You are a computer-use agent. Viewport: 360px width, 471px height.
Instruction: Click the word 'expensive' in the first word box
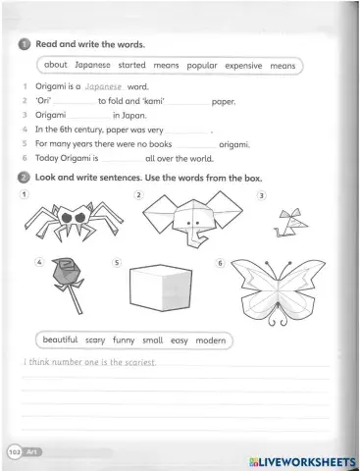[x=243, y=66]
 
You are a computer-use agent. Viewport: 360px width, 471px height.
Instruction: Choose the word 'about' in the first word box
[x=55, y=66]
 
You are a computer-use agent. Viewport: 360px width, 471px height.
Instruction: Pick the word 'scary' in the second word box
[x=95, y=340]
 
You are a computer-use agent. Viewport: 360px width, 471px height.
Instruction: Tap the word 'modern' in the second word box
[x=210, y=340]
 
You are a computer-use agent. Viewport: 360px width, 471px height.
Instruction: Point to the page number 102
[x=15, y=452]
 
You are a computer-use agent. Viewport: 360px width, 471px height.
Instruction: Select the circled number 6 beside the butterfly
[x=221, y=263]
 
